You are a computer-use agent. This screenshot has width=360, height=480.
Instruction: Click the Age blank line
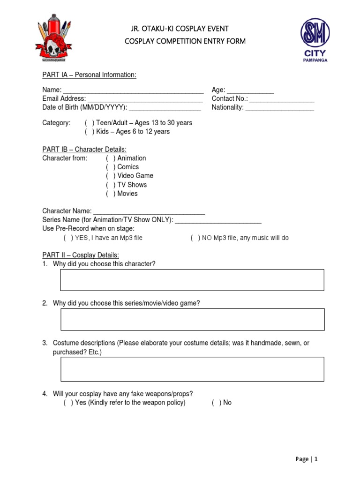click(250, 90)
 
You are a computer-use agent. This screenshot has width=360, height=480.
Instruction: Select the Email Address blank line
click(145, 99)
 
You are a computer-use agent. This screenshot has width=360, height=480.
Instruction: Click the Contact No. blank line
click(282, 99)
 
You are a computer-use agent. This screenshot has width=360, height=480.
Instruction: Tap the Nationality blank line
click(279, 108)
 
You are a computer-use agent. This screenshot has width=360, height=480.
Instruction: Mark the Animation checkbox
click(111, 158)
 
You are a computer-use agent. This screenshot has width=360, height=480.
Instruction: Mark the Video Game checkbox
click(111, 176)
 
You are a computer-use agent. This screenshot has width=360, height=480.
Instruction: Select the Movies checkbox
click(111, 194)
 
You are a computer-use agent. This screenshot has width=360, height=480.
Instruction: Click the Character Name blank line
click(149, 212)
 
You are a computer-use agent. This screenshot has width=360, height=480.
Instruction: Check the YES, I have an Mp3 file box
click(68, 238)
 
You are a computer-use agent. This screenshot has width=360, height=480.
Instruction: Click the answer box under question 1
click(192, 280)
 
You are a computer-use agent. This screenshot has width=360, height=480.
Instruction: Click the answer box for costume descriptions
click(192, 369)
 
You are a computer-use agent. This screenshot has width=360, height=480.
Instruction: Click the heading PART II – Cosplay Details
click(81, 255)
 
